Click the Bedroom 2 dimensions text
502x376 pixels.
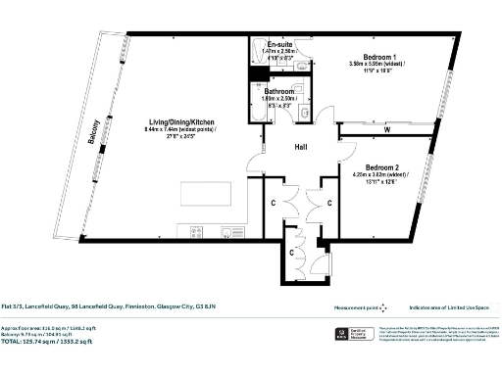pyautogui.click(x=386, y=178)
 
